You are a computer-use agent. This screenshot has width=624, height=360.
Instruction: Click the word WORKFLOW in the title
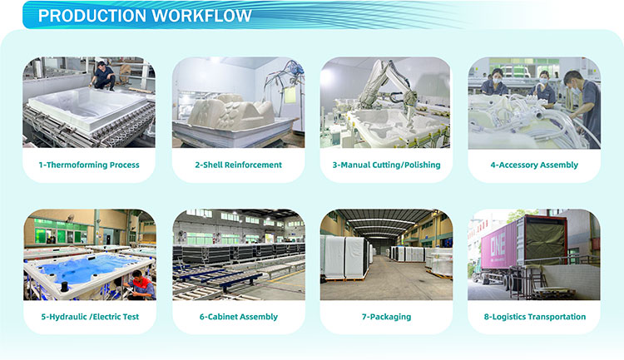tap(201, 16)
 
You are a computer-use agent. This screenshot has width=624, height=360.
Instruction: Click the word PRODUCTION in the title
tap(92, 16)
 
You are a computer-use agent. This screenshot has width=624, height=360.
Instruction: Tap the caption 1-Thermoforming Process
tap(89, 165)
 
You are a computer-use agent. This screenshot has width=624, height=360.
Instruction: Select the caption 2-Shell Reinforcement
tap(238, 165)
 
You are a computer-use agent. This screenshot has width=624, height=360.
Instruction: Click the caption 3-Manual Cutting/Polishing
tap(386, 165)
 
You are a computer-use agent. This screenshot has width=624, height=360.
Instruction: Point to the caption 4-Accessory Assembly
tap(534, 165)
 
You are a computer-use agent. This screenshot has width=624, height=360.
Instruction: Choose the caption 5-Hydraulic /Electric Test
tap(90, 317)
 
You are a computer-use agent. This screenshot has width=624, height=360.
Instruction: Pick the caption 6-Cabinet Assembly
tap(239, 317)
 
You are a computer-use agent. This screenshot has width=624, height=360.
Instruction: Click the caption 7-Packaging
tap(386, 317)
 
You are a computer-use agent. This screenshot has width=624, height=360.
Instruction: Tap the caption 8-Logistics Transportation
tap(534, 317)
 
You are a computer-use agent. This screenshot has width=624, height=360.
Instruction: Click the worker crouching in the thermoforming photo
tap(103, 76)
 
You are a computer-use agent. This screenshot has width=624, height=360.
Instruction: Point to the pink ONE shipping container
tap(499, 246)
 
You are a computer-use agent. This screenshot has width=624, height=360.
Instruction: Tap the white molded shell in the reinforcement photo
tap(231, 112)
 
